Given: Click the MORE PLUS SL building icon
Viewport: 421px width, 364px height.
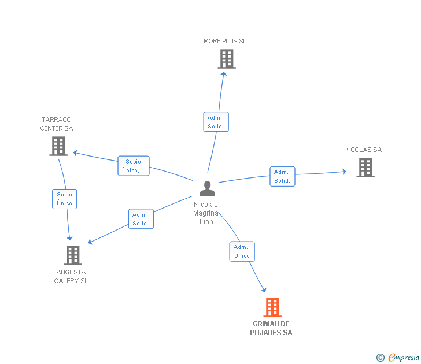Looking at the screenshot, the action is [227, 59].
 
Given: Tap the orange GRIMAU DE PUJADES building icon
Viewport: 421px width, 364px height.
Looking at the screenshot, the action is [272, 307].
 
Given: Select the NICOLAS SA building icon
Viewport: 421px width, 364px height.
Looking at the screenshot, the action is [365, 168].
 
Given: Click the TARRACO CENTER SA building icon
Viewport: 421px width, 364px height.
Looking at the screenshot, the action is [58, 146].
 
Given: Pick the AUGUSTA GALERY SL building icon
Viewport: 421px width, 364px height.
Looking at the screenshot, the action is [73, 255].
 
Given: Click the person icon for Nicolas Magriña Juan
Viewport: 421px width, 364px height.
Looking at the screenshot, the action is [207, 189].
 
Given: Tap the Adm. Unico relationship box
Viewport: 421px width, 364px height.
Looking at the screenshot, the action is [242, 251].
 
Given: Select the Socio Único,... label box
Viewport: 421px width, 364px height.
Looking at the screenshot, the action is [134, 166].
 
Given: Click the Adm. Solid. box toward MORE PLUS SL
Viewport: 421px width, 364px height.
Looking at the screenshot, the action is [216, 122].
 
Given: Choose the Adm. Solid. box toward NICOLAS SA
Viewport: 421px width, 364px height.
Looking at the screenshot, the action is [282, 176].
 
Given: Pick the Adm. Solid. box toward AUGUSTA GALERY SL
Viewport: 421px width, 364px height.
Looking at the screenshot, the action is [141, 219].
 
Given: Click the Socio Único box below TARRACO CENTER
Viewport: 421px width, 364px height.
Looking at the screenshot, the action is [64, 199].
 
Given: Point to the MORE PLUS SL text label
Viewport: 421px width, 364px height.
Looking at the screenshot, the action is [225, 41].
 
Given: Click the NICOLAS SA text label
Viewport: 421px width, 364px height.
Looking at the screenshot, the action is [364, 150].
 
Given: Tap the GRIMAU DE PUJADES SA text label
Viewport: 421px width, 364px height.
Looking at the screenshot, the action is [271, 328].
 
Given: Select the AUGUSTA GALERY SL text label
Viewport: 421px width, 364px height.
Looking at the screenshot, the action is [71, 277].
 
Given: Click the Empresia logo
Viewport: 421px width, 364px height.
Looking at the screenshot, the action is [404, 357].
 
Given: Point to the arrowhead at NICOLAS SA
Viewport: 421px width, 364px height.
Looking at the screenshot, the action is [344, 172].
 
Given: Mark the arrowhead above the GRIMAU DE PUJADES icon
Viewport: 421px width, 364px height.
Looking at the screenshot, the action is [264, 289].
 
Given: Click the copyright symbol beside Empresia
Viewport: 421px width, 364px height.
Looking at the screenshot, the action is [381, 358].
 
